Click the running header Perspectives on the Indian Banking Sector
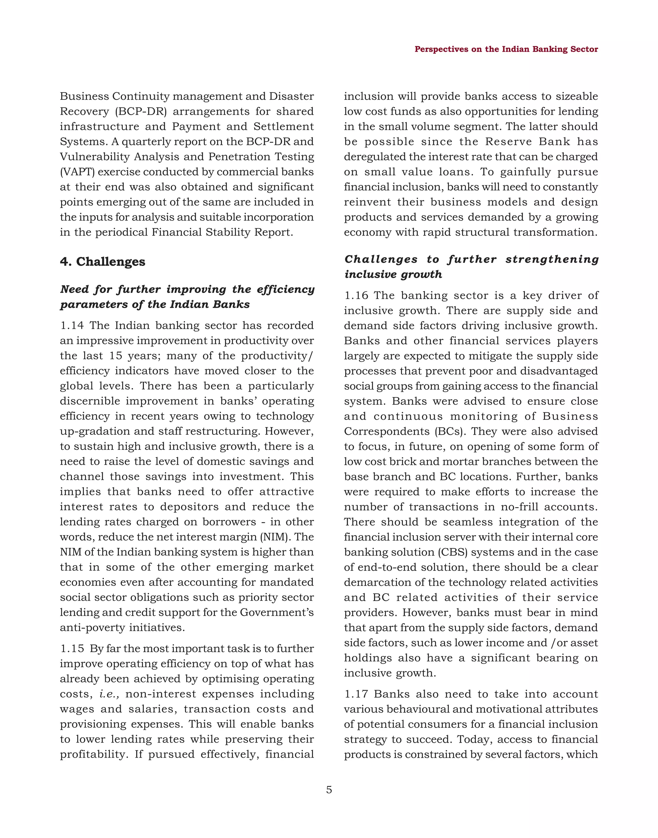pos(506,50)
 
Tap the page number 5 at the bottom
pos(329,790)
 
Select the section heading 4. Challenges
pos(102,261)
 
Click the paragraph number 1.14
pos(72,325)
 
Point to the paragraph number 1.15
pos(72,649)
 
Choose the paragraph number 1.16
pos(356,296)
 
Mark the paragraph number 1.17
pos(356,694)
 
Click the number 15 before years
pos(115,356)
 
